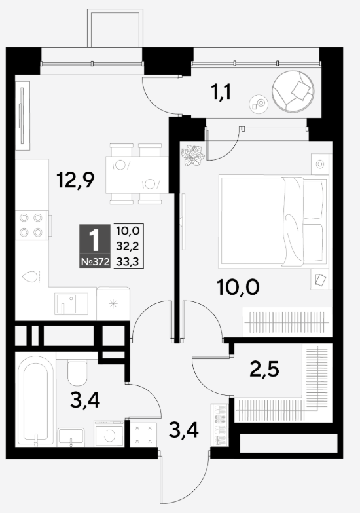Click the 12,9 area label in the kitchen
[75, 180]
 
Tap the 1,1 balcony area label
[221, 92]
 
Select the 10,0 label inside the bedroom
[238, 287]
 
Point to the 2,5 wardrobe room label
[264, 370]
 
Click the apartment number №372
[95, 262]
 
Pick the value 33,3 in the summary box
[128, 261]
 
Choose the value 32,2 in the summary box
[128, 246]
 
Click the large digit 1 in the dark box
[94, 240]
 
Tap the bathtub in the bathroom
[35, 401]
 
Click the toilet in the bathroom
[77, 373]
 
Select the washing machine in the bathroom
[109, 434]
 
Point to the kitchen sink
[71, 303]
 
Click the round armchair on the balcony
[293, 91]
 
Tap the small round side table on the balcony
[259, 104]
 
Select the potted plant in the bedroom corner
[193, 155]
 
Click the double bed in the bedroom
[274, 221]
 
